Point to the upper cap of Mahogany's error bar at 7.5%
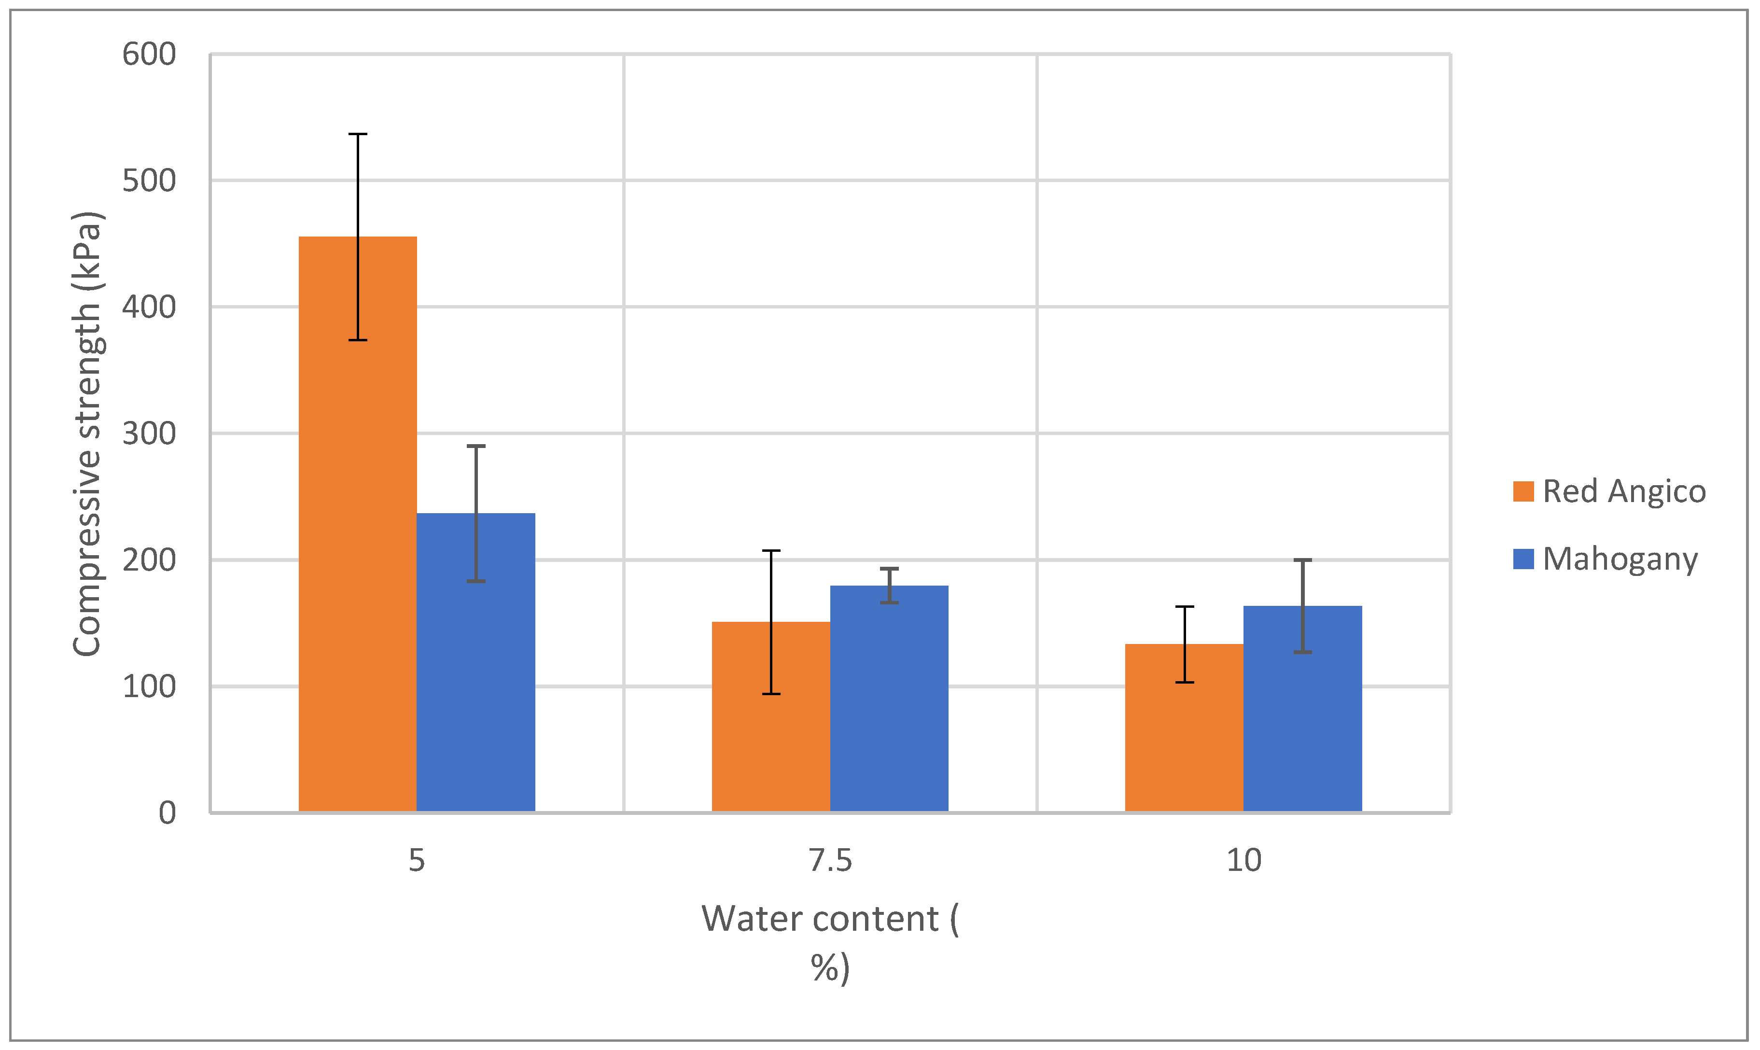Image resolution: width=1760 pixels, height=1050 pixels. point(889,568)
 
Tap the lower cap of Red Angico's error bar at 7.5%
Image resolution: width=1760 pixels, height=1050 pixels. point(771,693)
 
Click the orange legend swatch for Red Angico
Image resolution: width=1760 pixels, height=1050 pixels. point(1523,491)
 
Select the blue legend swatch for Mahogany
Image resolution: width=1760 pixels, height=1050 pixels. point(1523,559)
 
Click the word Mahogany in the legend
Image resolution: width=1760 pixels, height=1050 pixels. point(1620,559)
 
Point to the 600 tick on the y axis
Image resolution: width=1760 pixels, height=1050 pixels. point(149,55)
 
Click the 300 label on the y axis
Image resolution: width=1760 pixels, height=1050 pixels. point(149,434)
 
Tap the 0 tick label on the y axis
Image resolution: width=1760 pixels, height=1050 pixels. point(167,813)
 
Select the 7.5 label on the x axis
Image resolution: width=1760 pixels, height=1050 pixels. point(830,860)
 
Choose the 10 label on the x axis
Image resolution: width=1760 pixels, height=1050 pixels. point(1243,860)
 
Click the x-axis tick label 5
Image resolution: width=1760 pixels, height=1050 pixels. point(417,860)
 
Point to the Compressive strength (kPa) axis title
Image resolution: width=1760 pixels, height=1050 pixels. point(88,434)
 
